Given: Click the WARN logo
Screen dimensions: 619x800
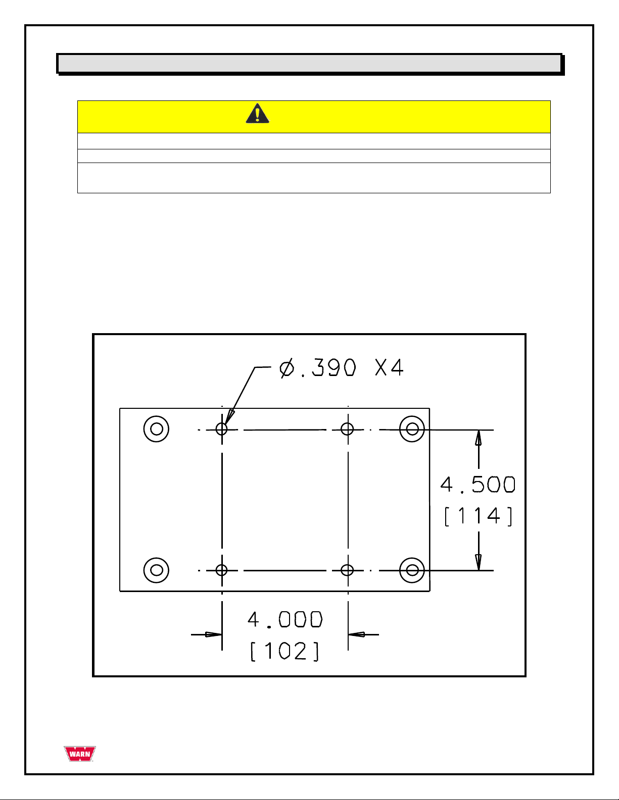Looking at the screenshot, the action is (x=80, y=753).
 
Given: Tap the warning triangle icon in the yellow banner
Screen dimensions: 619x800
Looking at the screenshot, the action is (x=258, y=114).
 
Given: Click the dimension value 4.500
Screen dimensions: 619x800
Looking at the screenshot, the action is (x=478, y=485).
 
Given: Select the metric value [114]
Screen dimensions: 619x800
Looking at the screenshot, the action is (x=478, y=516).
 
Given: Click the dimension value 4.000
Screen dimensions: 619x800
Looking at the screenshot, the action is (x=285, y=619).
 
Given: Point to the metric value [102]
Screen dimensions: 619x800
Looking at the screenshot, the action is (x=285, y=651).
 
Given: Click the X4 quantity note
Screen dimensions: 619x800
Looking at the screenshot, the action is (x=389, y=368).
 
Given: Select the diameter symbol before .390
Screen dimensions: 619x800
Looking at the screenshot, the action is (x=287, y=368).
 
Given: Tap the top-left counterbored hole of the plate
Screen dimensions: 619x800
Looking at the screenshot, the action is (x=156, y=429).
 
